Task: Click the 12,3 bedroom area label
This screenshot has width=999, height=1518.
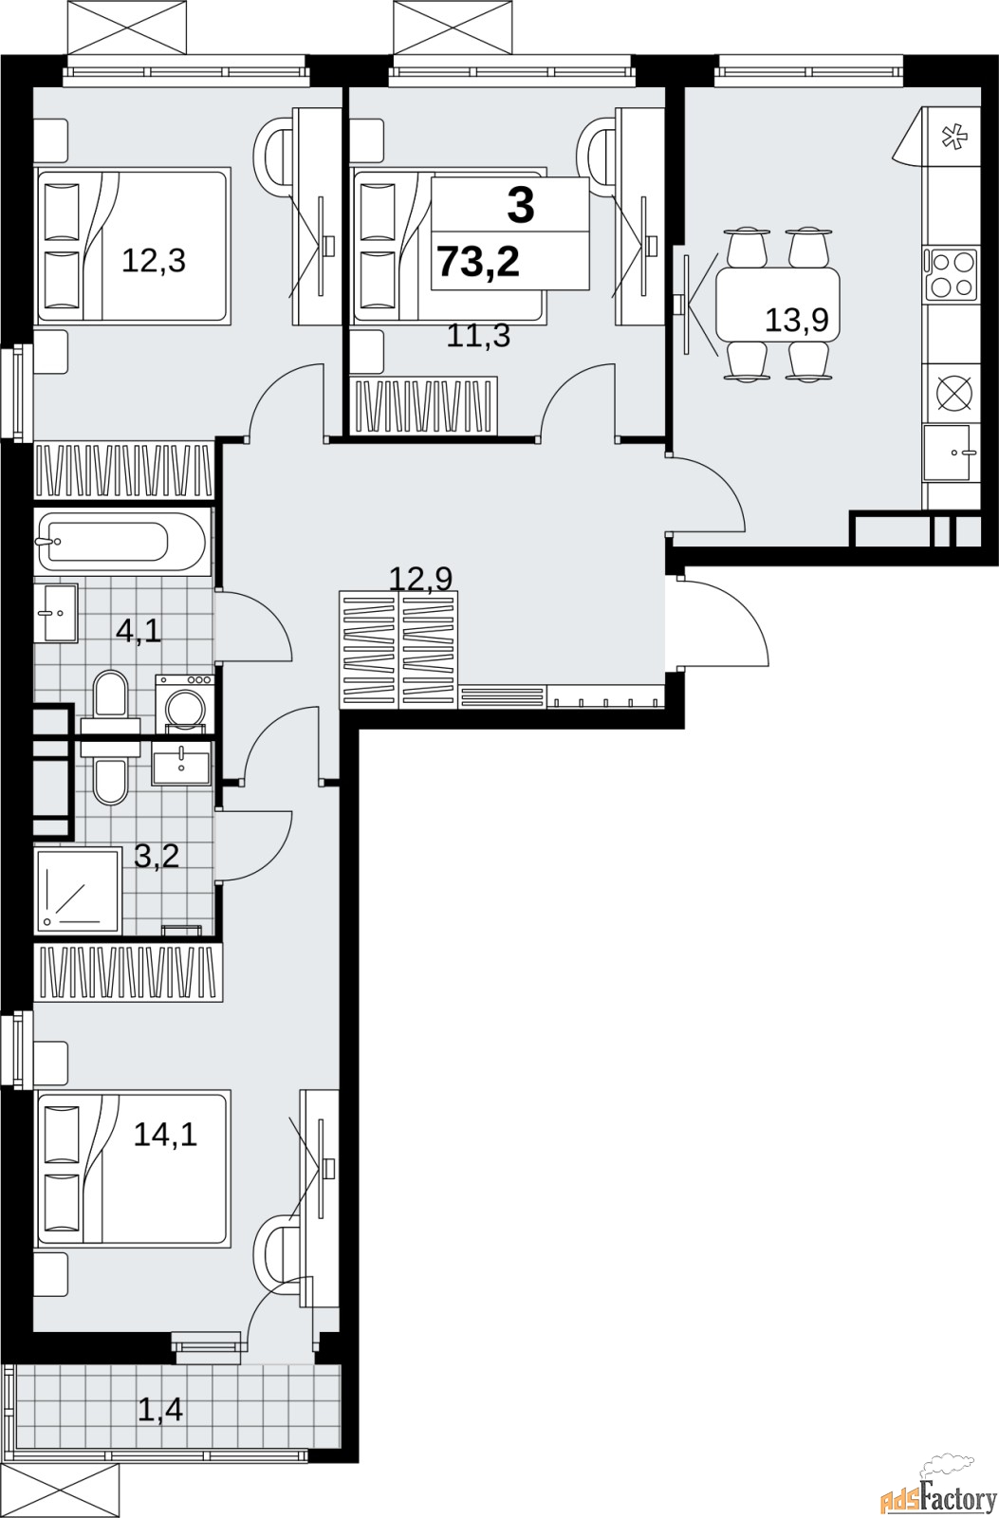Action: (x=153, y=261)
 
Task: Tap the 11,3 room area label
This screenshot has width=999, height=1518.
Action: (x=478, y=336)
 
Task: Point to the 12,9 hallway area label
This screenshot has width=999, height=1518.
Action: (x=421, y=579)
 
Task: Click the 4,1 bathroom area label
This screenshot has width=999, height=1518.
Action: (x=139, y=632)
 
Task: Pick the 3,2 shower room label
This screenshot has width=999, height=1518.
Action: (x=157, y=857)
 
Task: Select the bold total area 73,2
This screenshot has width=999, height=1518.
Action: (x=479, y=262)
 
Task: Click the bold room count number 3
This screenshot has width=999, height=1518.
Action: (x=521, y=206)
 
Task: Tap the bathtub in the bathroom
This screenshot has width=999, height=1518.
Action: (x=122, y=542)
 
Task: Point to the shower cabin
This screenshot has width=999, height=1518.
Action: (x=78, y=889)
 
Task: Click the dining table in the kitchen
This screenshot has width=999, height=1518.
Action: (x=778, y=305)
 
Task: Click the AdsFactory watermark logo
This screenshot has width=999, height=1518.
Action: (x=937, y=1490)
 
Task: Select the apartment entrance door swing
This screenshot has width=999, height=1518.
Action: (x=725, y=622)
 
